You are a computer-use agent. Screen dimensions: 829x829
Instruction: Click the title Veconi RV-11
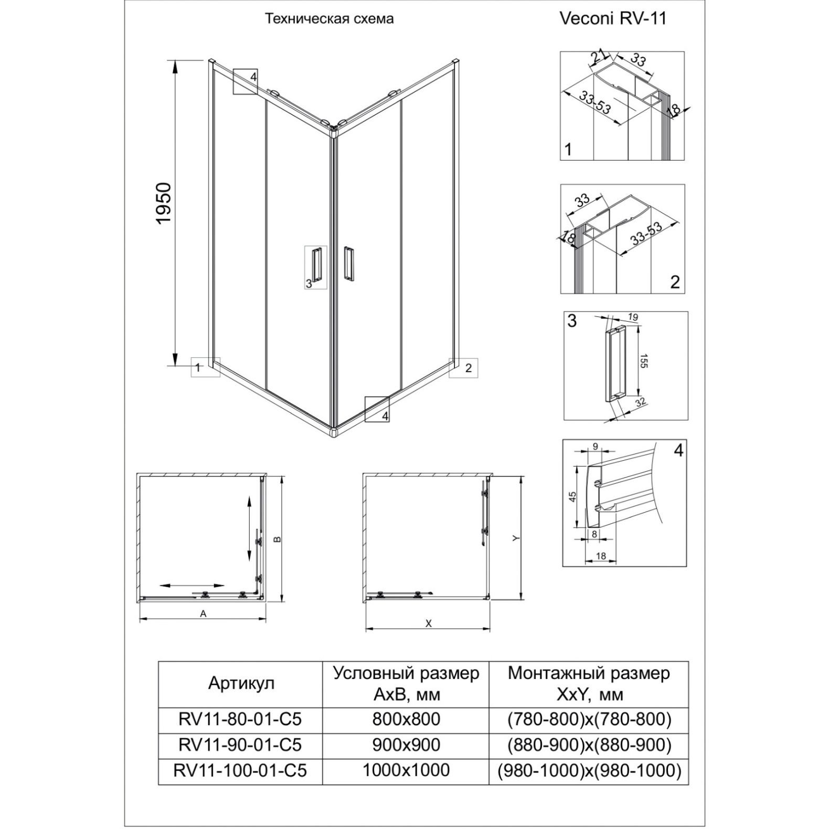pyautogui.click(x=613, y=18)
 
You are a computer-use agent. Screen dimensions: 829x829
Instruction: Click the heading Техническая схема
pyautogui.click(x=329, y=19)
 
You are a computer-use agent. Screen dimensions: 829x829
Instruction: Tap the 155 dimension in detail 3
pyautogui.click(x=644, y=360)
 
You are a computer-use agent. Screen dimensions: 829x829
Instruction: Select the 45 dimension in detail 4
pyautogui.click(x=573, y=495)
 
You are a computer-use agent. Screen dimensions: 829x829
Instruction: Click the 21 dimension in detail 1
pyautogui.click(x=598, y=56)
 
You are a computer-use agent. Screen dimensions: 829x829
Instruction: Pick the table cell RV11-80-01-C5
pyautogui.click(x=240, y=718)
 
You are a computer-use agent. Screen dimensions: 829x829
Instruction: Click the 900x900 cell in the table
pyautogui.click(x=406, y=744)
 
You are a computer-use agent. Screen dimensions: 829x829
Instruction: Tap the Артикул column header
pyautogui.click(x=241, y=683)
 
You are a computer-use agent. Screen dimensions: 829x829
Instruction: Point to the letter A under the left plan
pyautogui.click(x=203, y=613)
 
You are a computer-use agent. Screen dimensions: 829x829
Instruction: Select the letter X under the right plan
pyautogui.click(x=428, y=623)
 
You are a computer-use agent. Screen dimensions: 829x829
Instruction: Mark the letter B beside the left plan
pyautogui.click(x=279, y=539)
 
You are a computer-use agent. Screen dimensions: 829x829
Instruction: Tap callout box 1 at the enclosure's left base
pyautogui.click(x=205, y=367)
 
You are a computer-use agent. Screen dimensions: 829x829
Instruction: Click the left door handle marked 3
pyautogui.click(x=316, y=265)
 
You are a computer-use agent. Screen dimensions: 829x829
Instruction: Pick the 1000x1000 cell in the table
pyautogui.click(x=406, y=770)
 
